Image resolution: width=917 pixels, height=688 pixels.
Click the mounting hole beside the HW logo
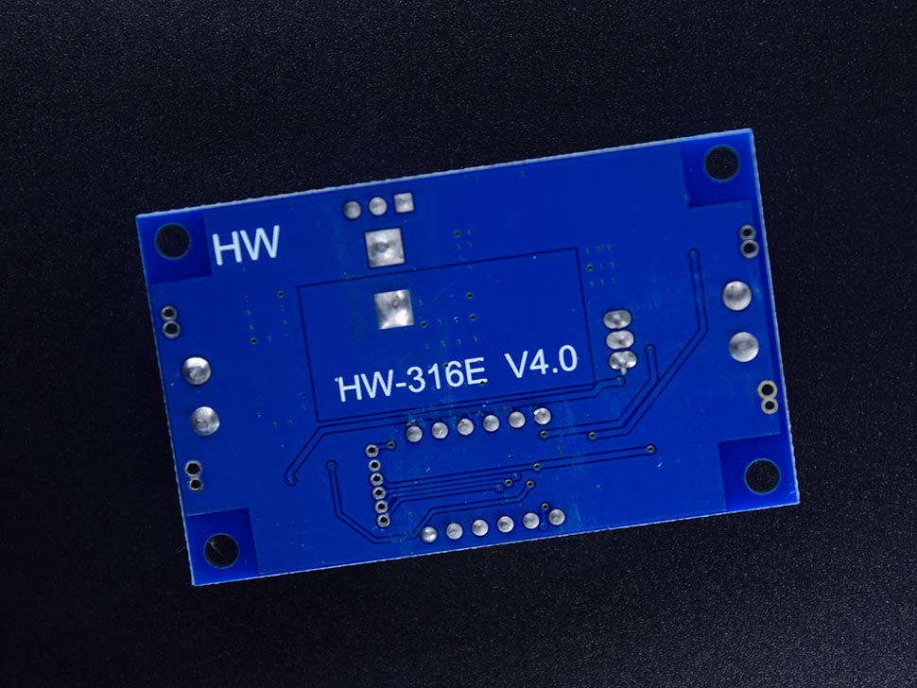pyautogui.click(x=173, y=240)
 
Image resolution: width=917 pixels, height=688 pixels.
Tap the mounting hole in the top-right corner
pyautogui.click(x=721, y=163)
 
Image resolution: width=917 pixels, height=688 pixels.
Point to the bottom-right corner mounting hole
pyautogui.click(x=761, y=475)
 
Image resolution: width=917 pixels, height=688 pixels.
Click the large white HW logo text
pyautogui.click(x=246, y=246)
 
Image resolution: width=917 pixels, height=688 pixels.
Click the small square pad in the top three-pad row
pyautogui.click(x=404, y=203)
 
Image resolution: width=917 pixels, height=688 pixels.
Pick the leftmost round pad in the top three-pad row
pyautogui.click(x=353, y=209)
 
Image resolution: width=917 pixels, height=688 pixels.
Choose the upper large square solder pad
pyautogui.click(x=385, y=248)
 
